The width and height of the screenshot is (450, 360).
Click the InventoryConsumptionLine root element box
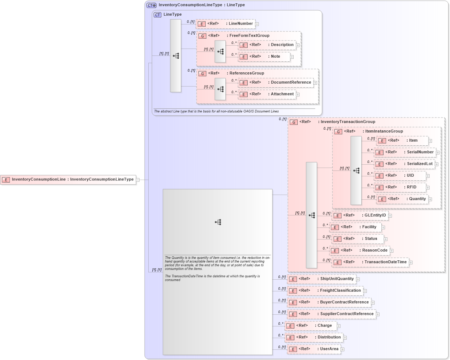(x=68, y=180)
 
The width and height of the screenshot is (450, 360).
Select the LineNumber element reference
(x=226, y=24)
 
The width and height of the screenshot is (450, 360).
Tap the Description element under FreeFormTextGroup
(x=267, y=45)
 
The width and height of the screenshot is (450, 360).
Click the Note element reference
(x=264, y=57)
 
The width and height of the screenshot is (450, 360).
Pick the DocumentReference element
(x=276, y=83)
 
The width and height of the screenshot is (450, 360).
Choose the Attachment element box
(x=267, y=94)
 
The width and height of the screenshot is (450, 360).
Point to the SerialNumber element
(x=405, y=152)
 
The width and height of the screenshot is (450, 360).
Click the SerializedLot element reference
(x=404, y=164)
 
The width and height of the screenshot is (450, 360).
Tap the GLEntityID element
(x=360, y=215)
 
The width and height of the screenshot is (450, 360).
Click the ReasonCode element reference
(x=360, y=250)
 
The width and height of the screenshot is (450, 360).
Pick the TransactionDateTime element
(x=370, y=262)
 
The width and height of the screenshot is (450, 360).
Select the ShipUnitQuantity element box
(x=321, y=279)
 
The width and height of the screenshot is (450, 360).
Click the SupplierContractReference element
(x=331, y=314)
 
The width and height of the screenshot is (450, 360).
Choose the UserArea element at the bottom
(x=314, y=349)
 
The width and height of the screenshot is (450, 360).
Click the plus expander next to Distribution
(x=345, y=338)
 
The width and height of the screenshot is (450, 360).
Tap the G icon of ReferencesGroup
(x=202, y=73)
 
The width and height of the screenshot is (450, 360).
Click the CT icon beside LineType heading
(x=157, y=15)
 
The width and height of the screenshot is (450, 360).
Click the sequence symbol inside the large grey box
(x=218, y=222)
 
